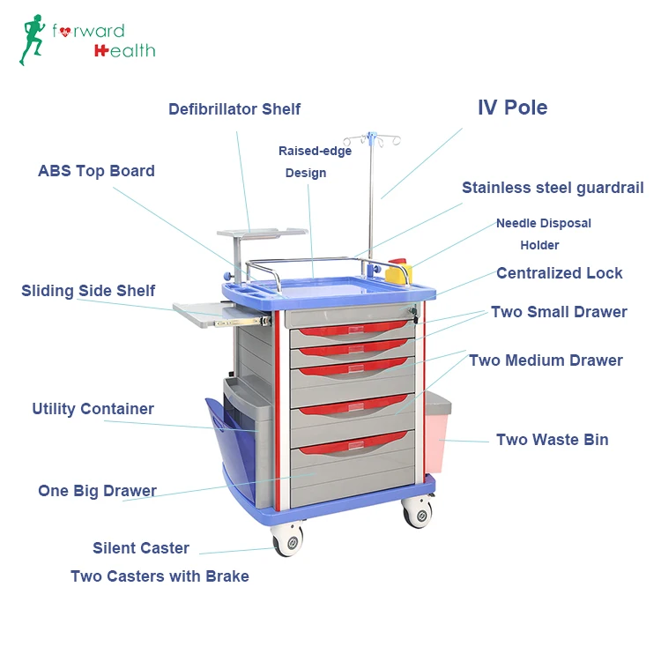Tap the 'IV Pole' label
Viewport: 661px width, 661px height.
pos(512,108)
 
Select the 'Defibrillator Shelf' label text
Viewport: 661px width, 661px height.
pos(234,109)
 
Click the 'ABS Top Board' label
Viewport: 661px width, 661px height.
pos(96,171)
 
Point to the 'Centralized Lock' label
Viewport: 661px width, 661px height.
pos(559,273)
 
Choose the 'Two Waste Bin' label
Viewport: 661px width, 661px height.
pos(552,440)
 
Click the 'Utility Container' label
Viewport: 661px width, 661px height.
pos(93,409)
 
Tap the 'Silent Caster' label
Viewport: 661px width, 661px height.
pos(141,548)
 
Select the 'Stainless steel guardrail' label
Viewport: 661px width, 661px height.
pos(553,188)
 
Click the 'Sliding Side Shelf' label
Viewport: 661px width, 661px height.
pos(88,291)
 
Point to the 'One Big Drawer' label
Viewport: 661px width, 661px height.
pos(97,491)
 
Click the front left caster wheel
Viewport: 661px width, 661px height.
pos(288,538)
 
